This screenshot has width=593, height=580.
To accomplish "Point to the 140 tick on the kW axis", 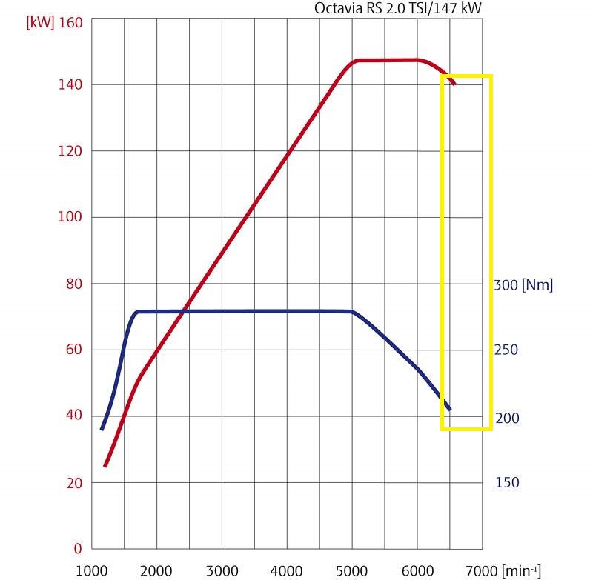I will coord(70,85).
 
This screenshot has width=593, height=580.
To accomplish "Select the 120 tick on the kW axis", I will coord(70,151).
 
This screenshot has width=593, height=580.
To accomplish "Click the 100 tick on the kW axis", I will coord(70,217).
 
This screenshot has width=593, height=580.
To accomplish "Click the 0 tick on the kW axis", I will coord(77,549).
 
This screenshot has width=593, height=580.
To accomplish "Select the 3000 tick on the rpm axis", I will coord(221,570).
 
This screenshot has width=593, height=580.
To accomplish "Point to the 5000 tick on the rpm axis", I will coord(351,570).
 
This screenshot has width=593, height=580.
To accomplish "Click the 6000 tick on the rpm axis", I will coord(417,570).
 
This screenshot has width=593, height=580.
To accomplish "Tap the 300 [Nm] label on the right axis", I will coord(523,284).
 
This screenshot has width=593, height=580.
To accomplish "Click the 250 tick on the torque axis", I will coord(506,350).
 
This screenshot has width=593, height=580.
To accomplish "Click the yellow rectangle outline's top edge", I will coord(467,76).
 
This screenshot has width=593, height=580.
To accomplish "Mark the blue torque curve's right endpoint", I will coord(449,409).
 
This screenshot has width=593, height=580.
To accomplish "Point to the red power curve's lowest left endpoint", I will coord(105,465).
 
